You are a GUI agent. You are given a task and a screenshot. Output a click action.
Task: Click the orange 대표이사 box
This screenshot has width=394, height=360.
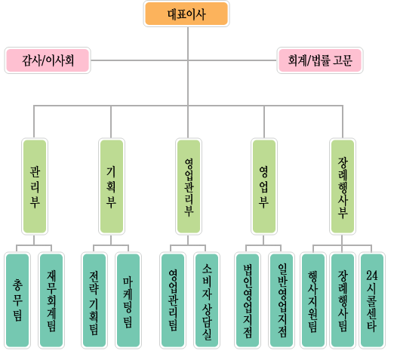tap(186, 14)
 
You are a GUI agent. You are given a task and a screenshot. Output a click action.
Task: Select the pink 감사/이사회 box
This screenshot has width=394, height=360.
tap(48, 60)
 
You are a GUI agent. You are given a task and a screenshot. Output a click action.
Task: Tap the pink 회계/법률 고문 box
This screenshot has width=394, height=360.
tap(320, 60)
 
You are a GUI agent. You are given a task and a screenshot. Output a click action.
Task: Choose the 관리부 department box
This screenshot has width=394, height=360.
tap(35, 186)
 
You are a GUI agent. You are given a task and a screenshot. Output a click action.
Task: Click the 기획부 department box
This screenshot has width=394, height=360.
tap(112, 186)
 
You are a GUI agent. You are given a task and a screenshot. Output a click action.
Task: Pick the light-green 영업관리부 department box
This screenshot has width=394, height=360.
tap(189, 186)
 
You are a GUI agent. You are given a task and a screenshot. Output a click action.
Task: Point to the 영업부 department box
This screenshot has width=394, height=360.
tap(264, 186)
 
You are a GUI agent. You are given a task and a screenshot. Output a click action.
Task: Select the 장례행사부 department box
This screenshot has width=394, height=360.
tap(343, 186)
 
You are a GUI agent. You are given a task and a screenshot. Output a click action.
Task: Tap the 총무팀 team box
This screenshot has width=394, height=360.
tap(17, 300)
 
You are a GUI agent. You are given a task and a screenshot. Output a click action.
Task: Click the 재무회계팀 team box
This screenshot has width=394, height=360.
tap(51, 300)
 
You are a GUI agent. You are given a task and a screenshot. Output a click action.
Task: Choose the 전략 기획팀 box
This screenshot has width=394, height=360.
tap(94, 300)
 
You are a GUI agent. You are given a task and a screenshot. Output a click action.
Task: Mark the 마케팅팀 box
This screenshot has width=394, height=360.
tap(128, 300)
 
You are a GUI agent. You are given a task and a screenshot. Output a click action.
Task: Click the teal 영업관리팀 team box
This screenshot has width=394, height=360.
tap(173, 300)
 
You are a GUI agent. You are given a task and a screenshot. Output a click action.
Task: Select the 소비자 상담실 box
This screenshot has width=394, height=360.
tap(207, 300)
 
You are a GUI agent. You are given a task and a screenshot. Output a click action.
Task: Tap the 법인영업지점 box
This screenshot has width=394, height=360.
tap(248, 300)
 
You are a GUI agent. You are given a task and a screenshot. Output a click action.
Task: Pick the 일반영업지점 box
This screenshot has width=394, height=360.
tap(282, 300)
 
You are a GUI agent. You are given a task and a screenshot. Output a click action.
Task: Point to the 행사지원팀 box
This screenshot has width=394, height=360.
tap(313, 300)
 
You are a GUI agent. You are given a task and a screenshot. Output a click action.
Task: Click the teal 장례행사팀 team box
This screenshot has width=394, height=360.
tap(343, 300)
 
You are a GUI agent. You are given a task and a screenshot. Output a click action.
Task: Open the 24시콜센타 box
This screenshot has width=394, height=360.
tap(372, 300)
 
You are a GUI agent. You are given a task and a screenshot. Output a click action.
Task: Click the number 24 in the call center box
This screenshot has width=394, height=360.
tap(372, 275)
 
